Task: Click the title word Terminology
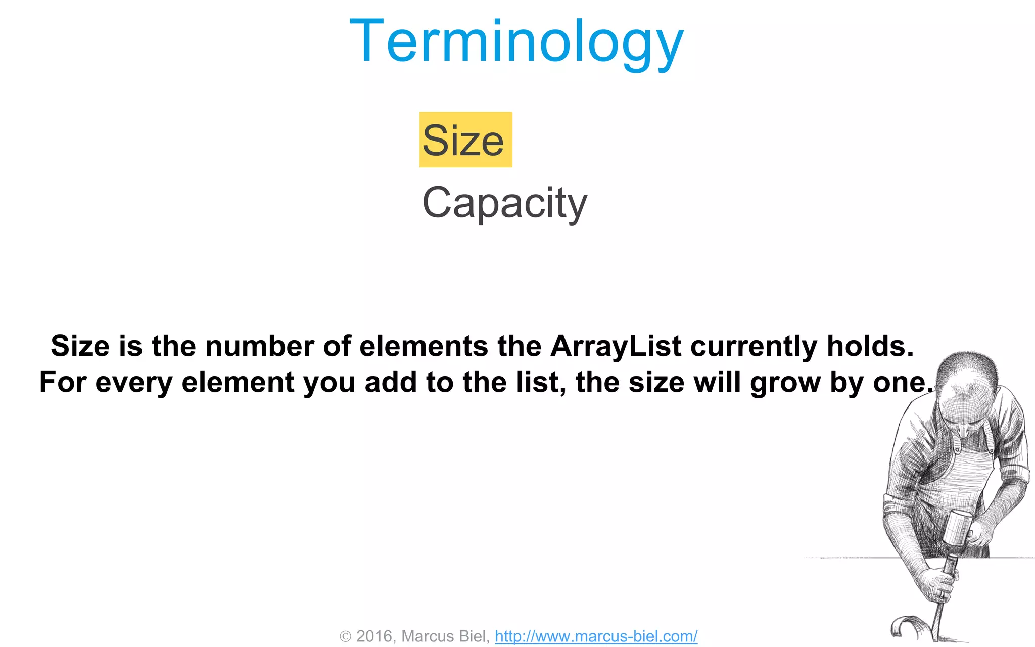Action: click(x=516, y=41)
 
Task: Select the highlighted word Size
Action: click(x=463, y=141)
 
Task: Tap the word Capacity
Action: click(x=504, y=202)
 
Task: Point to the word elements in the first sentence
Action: click(x=424, y=346)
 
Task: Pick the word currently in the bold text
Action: click(x=754, y=347)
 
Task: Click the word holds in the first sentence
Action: click(x=870, y=346)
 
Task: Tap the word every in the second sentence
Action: click(x=134, y=383)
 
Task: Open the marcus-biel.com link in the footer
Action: click(x=596, y=636)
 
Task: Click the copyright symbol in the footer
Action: click(x=346, y=636)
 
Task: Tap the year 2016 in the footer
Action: click(x=374, y=636)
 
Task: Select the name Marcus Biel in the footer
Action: click(x=445, y=636)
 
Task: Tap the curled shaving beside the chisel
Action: click(x=907, y=627)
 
